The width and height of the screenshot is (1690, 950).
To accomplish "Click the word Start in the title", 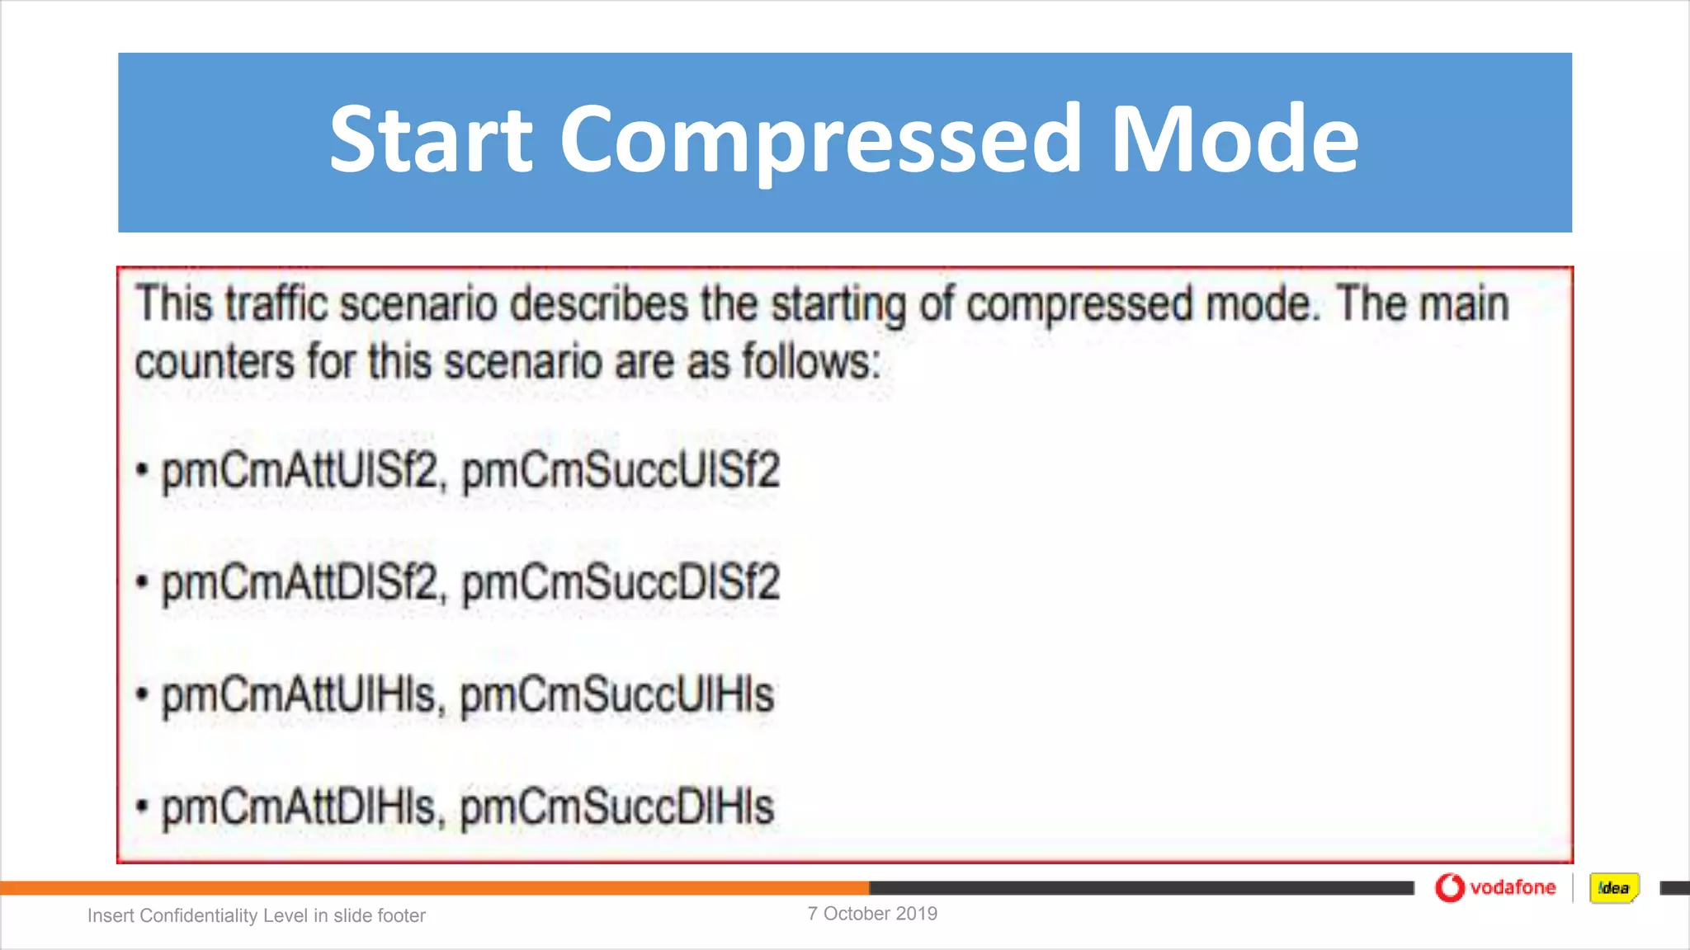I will pos(431,139).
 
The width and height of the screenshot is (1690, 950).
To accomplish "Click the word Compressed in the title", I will pos(820,139).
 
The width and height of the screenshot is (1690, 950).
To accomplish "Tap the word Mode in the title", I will pos(1234,139).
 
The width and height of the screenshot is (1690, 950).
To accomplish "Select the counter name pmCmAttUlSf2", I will pos(300,472).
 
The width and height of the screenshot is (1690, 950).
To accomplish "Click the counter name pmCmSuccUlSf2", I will pos(621,472).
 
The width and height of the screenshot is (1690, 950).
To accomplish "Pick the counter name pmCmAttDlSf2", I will pos(300,584).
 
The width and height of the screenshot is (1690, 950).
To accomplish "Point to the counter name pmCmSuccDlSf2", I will pos(621,584).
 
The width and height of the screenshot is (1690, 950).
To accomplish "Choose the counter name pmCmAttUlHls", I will pos(299,695).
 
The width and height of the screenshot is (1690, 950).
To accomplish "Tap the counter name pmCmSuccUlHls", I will pos(617,695).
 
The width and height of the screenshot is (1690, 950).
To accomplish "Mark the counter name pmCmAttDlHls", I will pos(299,807).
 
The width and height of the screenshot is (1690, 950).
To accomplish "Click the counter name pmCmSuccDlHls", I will pos(617,807).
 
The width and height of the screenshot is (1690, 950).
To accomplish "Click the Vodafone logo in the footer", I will pos(1494,887).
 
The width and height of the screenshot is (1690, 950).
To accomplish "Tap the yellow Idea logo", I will pos(1613,888).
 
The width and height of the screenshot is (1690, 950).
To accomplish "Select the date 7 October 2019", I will pos(872,914).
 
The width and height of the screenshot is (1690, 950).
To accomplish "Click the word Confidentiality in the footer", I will pos(201,915).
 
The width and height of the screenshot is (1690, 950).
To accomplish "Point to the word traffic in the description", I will pos(279,304).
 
